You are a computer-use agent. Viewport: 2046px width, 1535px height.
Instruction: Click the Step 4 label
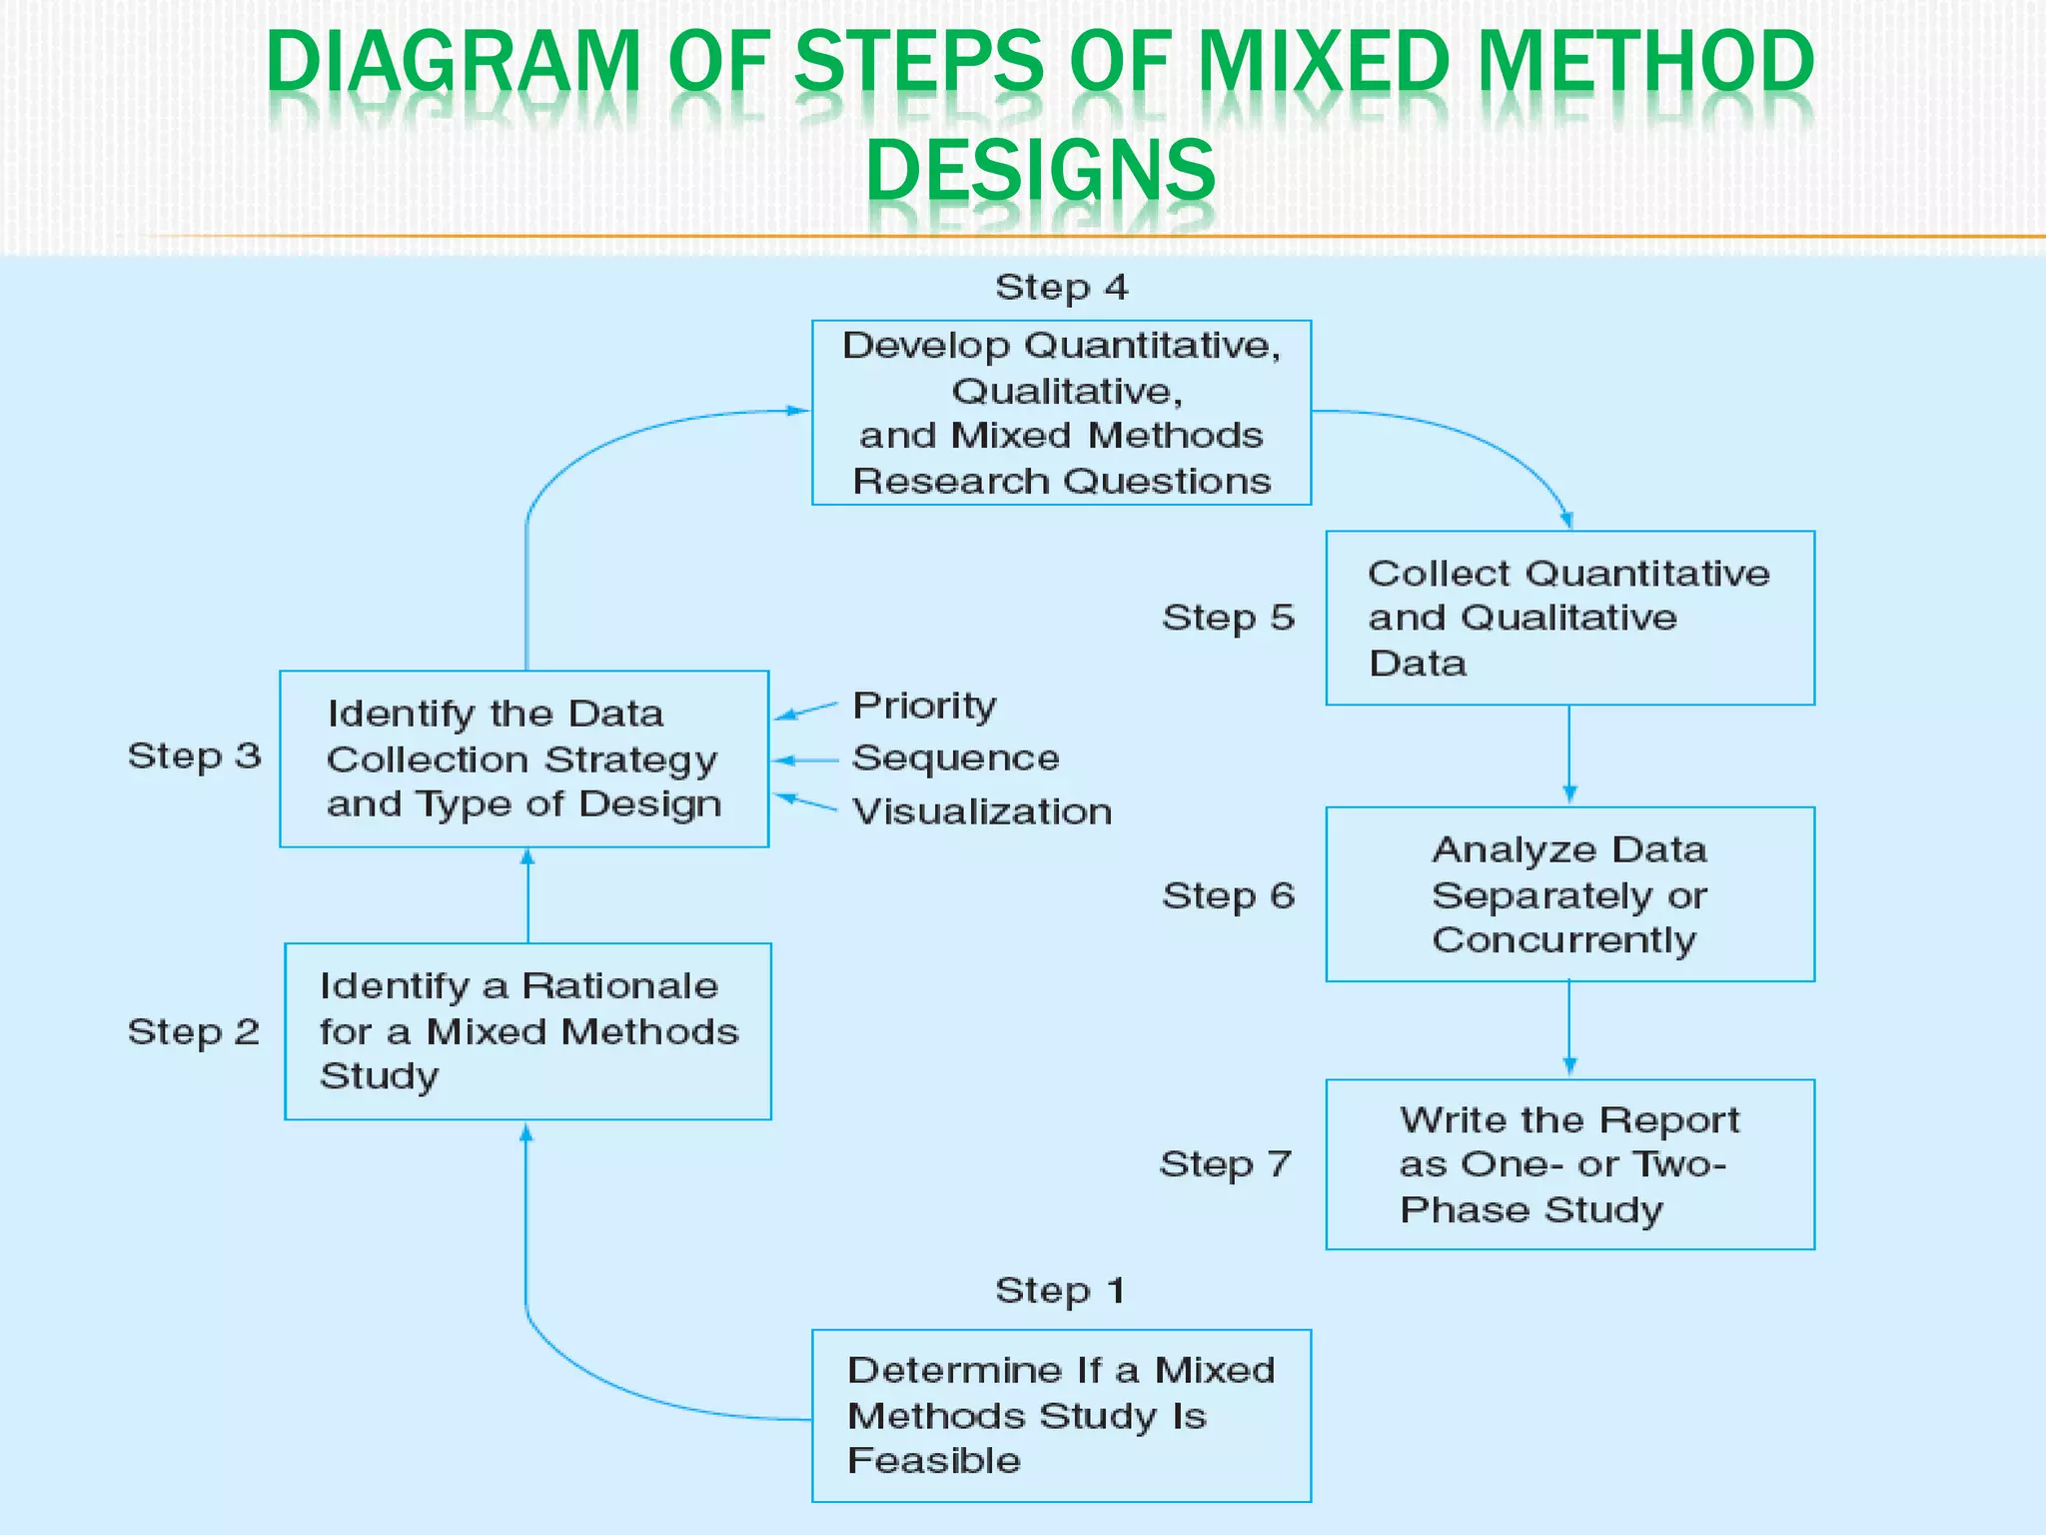tap(1061, 288)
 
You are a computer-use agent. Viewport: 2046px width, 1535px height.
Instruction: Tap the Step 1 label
tap(1060, 1290)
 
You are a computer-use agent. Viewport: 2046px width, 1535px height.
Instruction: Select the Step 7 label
tap(1225, 1164)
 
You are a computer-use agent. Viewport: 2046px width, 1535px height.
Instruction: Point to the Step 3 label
tap(194, 756)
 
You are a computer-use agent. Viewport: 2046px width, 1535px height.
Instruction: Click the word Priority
tap(924, 706)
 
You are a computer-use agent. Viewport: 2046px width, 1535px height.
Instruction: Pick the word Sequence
tap(955, 759)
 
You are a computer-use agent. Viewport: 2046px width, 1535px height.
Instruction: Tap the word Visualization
tap(982, 811)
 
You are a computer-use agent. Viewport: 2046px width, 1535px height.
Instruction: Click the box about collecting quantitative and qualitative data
tap(1569, 618)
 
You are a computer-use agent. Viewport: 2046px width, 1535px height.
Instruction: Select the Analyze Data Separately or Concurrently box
tap(1569, 894)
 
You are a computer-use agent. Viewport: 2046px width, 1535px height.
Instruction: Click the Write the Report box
tap(1569, 1164)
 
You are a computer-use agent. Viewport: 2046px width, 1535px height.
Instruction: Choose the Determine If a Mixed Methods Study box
tap(1061, 1415)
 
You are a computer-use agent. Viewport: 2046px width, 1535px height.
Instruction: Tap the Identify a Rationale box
tap(527, 1031)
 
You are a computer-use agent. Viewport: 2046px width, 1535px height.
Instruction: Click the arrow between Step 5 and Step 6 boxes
tap(1569, 756)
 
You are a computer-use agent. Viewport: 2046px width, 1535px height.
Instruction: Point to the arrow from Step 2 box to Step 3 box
tap(527, 895)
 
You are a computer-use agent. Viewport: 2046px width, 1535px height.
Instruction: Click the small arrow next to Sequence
tap(805, 761)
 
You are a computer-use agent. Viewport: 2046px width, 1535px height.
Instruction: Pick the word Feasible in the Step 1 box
tap(934, 1461)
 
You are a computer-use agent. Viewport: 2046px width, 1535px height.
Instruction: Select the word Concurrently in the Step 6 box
tap(1563, 940)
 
